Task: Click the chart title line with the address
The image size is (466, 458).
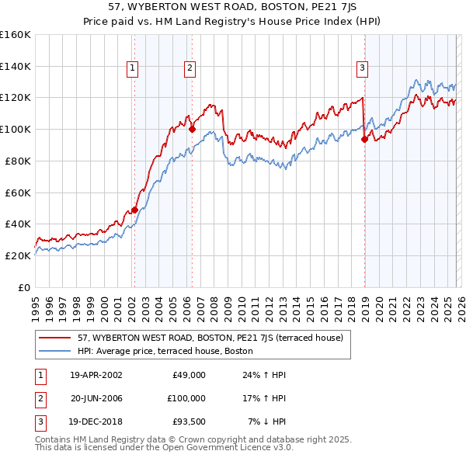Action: (232, 8)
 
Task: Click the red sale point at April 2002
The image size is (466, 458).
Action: (134, 210)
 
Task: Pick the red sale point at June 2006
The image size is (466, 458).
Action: (192, 130)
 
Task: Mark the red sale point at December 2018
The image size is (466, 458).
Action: (364, 140)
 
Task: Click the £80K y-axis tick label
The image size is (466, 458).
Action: (18, 161)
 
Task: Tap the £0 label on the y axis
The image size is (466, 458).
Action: (24, 287)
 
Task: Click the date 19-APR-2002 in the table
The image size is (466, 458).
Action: (96, 375)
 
